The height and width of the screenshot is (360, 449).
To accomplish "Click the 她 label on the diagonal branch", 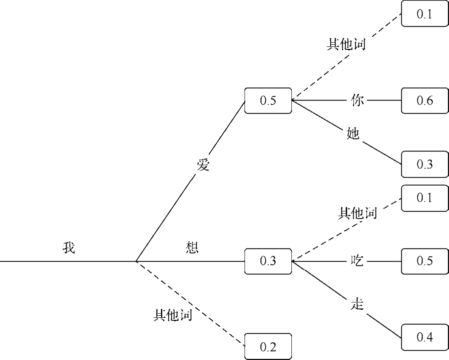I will point(352,134).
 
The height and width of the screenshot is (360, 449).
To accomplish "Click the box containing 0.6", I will point(424,101).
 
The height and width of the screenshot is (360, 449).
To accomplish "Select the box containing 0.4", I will point(424,337).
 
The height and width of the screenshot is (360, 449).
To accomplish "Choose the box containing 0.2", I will point(268,347).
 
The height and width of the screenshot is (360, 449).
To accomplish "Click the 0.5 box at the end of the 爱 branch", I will point(268,101).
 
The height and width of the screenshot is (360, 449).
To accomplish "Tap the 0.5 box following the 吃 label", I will point(424,261).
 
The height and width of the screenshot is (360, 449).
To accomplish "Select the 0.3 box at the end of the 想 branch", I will point(268,261).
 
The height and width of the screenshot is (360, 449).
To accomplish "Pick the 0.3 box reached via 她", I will point(424,164).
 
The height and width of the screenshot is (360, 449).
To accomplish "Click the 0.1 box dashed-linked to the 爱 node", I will point(424,14).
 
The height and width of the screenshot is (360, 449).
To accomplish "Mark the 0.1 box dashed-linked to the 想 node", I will point(424,198).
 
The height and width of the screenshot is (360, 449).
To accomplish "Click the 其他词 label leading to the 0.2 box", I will point(172,315).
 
